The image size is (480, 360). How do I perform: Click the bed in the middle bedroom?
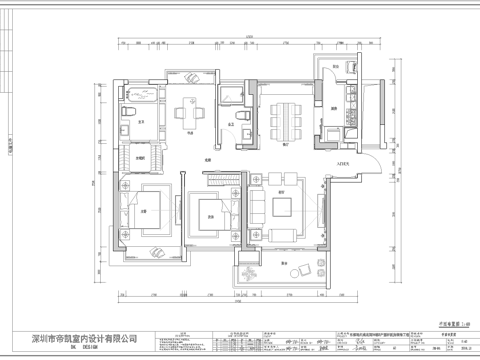coord(210,212)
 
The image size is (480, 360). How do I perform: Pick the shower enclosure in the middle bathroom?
coord(229,97)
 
